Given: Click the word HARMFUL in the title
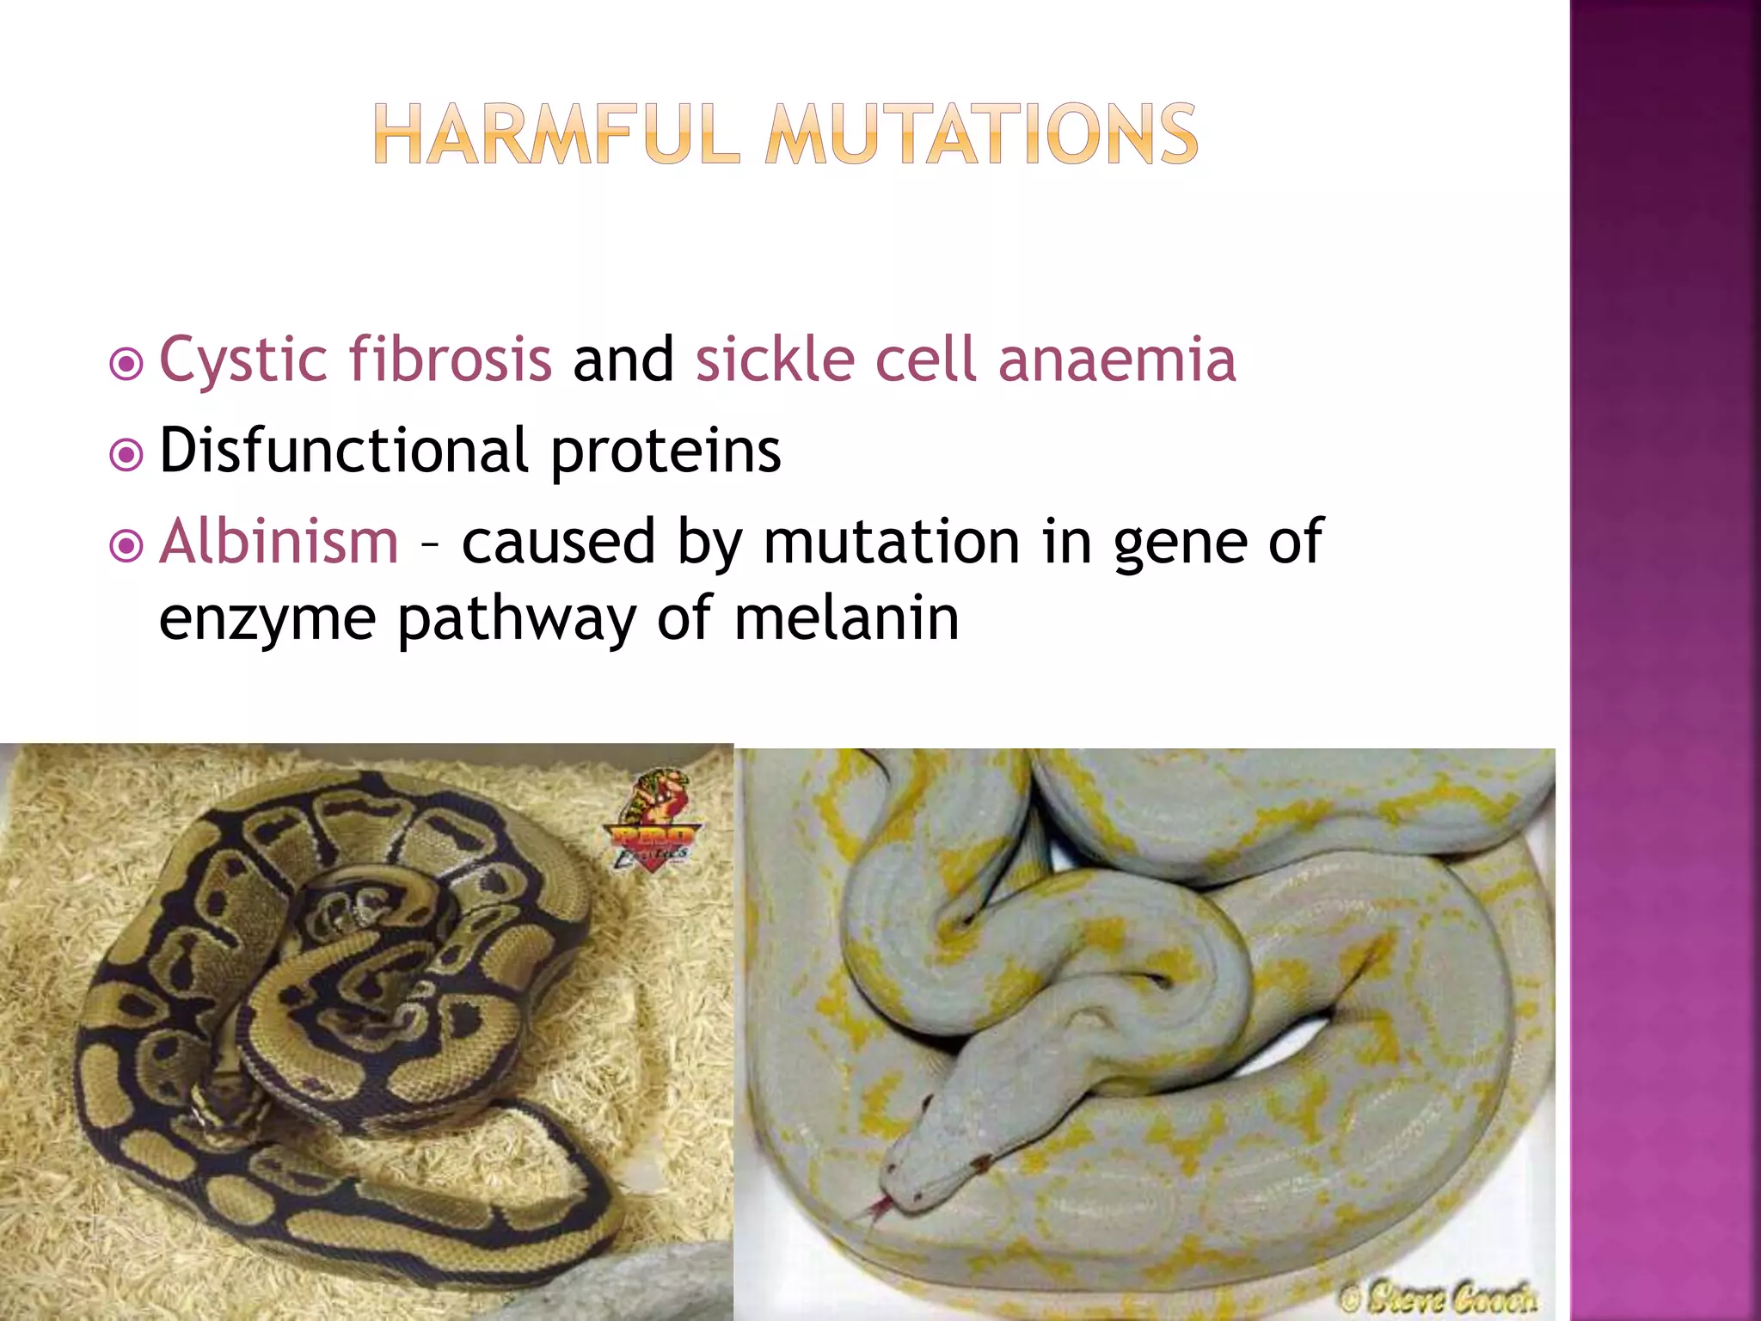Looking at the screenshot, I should point(556,134).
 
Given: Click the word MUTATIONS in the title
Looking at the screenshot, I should point(981,134).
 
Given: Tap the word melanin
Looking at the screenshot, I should point(846,618).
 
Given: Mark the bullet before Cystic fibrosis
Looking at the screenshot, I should point(126,365).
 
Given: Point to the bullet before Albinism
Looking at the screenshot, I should point(126,546).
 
